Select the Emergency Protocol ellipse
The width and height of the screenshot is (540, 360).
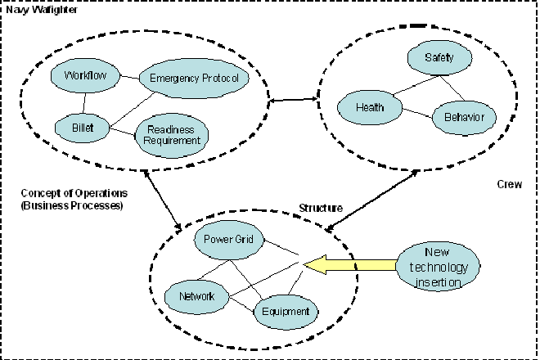[x=194, y=79]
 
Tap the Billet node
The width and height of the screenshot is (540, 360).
[x=83, y=127]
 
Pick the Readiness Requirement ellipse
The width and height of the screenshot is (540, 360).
[x=171, y=133]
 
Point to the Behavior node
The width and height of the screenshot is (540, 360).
[x=463, y=117]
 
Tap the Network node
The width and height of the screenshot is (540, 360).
[x=196, y=296]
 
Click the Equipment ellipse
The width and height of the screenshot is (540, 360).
[x=285, y=311]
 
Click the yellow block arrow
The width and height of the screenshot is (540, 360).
[x=352, y=263]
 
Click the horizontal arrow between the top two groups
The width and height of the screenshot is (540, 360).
[x=292, y=101]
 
